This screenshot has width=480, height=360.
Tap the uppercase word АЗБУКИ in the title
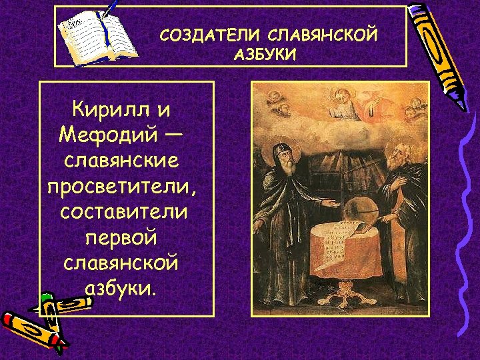pos(265,54)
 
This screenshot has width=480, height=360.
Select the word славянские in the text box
pos(122,161)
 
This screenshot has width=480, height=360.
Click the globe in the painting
pos(360,208)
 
